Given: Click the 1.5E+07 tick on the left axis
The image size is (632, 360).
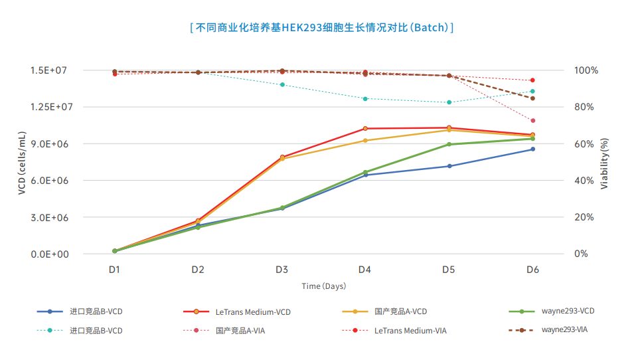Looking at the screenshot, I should click(48, 70).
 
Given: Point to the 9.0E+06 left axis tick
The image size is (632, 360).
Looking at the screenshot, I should click(48, 144).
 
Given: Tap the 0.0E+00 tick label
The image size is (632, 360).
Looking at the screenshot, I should click(48, 254).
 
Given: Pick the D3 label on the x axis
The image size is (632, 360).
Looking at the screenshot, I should click(281, 270).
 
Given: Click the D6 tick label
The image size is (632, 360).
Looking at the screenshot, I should click(532, 270).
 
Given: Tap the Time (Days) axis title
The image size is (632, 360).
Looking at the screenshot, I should click(324, 286).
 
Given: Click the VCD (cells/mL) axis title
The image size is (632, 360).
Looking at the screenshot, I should click(22, 163).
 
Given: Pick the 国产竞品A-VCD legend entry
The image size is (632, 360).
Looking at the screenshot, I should click(400, 312).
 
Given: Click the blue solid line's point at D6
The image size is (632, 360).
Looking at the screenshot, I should click(532, 149).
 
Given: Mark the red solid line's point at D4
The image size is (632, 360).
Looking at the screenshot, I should click(365, 128).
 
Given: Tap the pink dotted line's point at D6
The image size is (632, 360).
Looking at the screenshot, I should click(532, 120).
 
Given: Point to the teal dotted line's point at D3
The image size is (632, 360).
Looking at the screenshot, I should click(282, 85).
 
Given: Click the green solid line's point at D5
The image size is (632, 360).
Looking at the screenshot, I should click(449, 144).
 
